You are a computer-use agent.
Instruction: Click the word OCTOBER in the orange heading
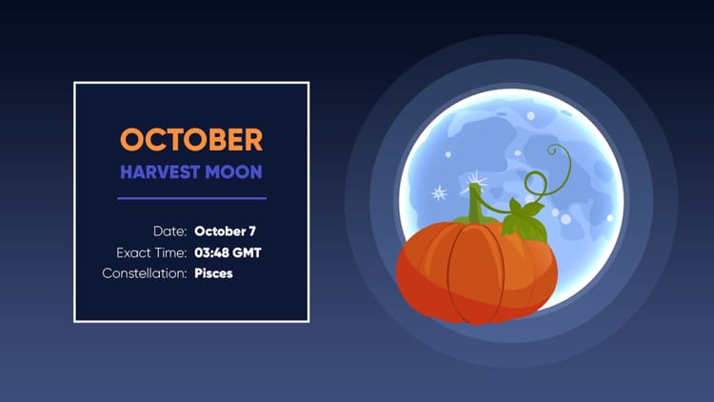(x=190, y=140)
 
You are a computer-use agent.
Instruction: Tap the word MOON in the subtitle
(x=238, y=172)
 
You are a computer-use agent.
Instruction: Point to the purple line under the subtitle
(x=191, y=198)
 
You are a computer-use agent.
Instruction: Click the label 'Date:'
(x=169, y=231)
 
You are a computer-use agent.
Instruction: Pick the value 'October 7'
(x=225, y=231)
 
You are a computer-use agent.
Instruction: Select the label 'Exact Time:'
(x=150, y=252)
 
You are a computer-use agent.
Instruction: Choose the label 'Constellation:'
(x=143, y=273)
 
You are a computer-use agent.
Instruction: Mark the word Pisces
(x=213, y=273)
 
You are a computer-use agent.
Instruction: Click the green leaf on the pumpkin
(x=523, y=218)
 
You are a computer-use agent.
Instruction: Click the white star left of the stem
(x=440, y=193)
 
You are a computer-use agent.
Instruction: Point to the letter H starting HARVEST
(x=127, y=172)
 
